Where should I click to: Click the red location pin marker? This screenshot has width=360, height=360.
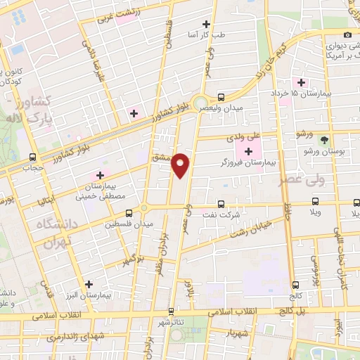pyautogui.click(x=181, y=165)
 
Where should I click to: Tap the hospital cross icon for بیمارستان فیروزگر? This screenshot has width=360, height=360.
pyautogui.click(x=248, y=152)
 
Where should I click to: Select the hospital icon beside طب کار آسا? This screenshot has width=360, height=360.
pyautogui.click(x=206, y=24)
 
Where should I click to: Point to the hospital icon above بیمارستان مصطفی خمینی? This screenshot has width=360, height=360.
pyautogui.click(x=100, y=174)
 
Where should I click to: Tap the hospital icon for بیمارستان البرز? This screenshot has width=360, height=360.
pyautogui.click(x=88, y=285)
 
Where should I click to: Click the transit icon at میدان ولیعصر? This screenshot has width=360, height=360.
pyautogui.click(x=221, y=97)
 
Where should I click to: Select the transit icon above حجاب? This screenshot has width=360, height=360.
pyautogui.click(x=33, y=157)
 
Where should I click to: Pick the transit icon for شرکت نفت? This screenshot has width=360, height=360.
pyautogui.click(x=222, y=203)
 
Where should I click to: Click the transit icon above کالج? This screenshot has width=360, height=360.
pyautogui.click(x=295, y=285)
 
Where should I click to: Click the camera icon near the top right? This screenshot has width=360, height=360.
pyautogui.click(x=347, y=35)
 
